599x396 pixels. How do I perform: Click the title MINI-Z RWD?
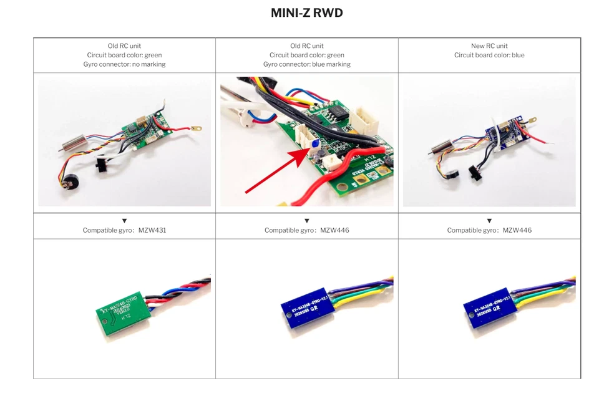[x=306, y=13]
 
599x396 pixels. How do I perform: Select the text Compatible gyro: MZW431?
[x=124, y=230]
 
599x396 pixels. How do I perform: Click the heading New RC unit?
[x=489, y=46]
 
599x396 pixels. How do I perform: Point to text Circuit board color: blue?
[x=489, y=55]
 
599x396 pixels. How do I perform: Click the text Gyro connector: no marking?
[x=124, y=64]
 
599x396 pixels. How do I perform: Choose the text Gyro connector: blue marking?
[x=306, y=64]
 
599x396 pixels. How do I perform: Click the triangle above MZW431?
[x=124, y=221]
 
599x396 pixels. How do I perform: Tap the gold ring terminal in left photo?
[x=197, y=130]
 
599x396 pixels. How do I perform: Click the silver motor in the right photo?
[x=440, y=147]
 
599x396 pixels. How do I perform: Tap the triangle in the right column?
[x=489, y=221]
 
